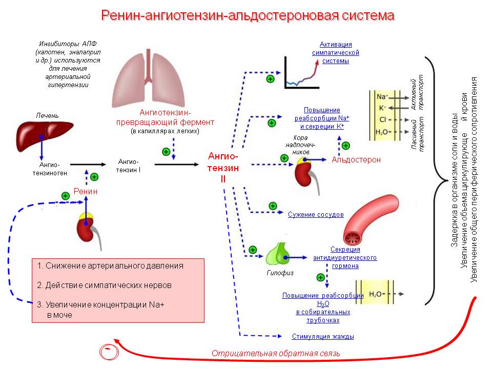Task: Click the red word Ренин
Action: pos(86,191)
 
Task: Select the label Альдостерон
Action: pos(356,160)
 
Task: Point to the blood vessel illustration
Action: pos(370,220)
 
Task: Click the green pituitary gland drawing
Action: pos(278,254)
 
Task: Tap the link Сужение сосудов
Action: pos(316,215)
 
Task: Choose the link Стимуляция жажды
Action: pos(323,336)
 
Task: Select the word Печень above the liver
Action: pos(47,115)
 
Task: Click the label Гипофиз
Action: pos(280,273)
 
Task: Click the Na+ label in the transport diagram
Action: pos(382,97)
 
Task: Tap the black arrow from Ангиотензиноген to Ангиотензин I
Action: pos(88,165)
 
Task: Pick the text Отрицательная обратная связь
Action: pos(276,354)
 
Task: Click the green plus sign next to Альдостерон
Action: pos(346,146)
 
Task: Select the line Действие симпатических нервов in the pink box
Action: pos(104,285)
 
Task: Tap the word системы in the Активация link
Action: pos(335,61)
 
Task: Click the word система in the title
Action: pos(368,15)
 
